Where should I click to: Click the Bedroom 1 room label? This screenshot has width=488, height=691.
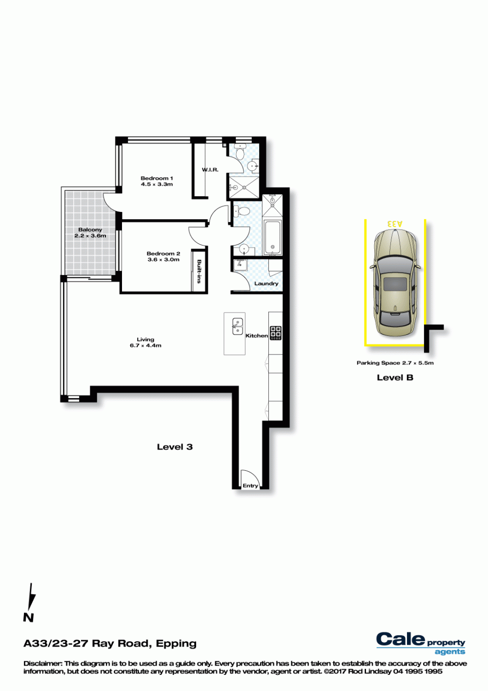[157, 178]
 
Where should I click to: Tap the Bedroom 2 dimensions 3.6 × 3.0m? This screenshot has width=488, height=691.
[163, 259]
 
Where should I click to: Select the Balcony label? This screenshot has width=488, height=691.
[90, 230]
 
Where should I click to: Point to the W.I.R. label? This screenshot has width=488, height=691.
[210, 169]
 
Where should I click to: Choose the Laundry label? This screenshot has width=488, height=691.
[266, 284]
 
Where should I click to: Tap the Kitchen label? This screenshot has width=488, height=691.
[257, 335]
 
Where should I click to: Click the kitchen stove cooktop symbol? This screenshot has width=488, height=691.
[276, 333]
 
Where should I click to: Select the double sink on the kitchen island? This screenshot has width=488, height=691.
[238, 326]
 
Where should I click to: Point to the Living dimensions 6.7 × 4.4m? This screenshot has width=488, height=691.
[145, 346]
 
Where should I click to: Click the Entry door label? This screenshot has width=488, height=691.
[250, 485]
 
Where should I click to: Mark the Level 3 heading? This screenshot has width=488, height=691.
[175, 447]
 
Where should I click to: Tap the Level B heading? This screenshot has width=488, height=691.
[395, 377]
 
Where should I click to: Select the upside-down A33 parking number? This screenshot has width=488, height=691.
[395, 223]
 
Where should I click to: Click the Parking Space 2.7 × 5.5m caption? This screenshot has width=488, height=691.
[395, 363]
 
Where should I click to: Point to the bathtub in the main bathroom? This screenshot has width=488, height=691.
[272, 238]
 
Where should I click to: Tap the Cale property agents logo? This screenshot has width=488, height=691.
[421, 644]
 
